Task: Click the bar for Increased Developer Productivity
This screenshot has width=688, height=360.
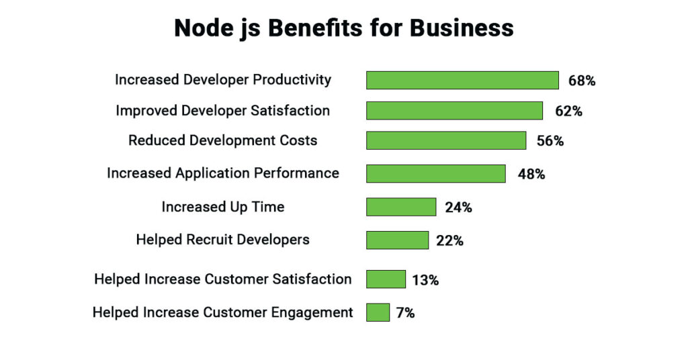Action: (x=462, y=80)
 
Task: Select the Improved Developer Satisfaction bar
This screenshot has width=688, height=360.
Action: (x=454, y=110)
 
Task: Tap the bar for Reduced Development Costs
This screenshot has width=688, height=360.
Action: (x=446, y=140)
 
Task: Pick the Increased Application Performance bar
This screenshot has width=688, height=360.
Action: (x=435, y=173)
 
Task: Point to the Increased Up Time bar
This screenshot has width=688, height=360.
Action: (x=401, y=207)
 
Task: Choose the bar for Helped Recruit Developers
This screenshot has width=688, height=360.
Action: (x=397, y=240)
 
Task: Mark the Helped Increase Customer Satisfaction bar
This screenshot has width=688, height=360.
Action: (x=386, y=279)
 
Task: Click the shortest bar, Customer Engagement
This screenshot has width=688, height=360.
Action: (x=378, y=312)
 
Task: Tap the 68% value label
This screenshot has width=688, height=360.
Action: (x=582, y=81)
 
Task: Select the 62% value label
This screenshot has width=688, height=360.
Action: (x=568, y=111)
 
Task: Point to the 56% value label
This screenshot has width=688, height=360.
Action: (x=550, y=141)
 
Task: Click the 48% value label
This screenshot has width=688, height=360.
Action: (x=531, y=174)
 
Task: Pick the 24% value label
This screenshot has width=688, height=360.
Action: (x=458, y=208)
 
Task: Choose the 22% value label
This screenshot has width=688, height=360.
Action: (x=449, y=240)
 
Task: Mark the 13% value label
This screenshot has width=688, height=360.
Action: (x=425, y=279)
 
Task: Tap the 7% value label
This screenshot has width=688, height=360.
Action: (x=405, y=313)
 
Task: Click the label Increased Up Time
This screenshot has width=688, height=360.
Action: (x=222, y=207)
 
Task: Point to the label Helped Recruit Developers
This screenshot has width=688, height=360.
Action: (x=222, y=240)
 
